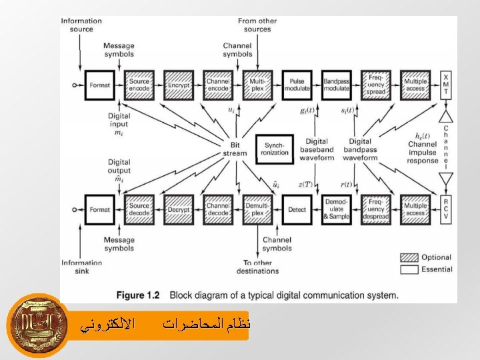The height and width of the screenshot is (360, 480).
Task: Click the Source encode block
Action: point(139,85)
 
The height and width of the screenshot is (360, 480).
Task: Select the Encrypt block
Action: point(179,85)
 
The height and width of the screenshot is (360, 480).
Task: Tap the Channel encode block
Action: point(218,85)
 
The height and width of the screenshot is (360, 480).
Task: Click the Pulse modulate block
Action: point(297,85)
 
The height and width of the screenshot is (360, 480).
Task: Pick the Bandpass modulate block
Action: point(336,85)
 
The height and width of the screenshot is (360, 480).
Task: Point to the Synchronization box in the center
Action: point(275,149)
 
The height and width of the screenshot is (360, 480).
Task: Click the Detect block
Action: point(297,210)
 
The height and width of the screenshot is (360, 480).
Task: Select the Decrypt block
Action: point(179,210)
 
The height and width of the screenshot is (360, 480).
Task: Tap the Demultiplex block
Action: point(257,210)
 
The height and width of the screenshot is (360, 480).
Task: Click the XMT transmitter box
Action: point(445,86)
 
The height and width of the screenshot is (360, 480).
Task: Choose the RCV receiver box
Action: point(445,209)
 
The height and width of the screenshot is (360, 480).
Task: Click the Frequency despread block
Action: point(375,210)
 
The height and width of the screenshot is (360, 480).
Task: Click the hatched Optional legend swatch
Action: point(409,257)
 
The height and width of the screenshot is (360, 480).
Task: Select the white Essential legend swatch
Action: point(409,269)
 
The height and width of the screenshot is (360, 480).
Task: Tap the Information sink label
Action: point(81,267)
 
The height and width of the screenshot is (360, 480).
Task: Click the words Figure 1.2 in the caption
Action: point(139,295)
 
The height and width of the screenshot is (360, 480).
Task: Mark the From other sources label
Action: point(257,25)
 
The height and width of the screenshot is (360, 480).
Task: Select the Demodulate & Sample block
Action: point(336,210)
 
